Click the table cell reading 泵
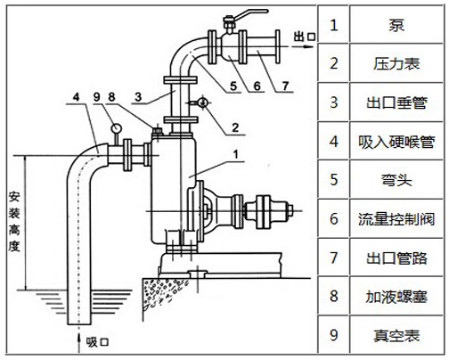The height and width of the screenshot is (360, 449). tap(393, 24)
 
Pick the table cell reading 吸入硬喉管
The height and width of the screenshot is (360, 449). tap(393, 140)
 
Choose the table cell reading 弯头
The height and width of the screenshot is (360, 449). tap(393, 179)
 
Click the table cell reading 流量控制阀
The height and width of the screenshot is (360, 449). tap(393, 218)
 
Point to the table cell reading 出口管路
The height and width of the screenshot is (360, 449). tap(393, 257)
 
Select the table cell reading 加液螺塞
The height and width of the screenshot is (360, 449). tap(393, 296)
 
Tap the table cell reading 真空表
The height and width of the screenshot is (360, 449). tap(393, 335)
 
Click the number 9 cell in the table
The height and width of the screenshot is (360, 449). tap(334, 335)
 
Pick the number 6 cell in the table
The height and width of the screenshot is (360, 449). tap(334, 218)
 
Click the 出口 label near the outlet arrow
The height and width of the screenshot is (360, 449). tap(306, 35)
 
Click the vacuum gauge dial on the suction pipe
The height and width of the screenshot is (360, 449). tap(116, 127)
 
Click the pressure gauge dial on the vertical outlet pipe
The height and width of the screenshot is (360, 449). tap(203, 103)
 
